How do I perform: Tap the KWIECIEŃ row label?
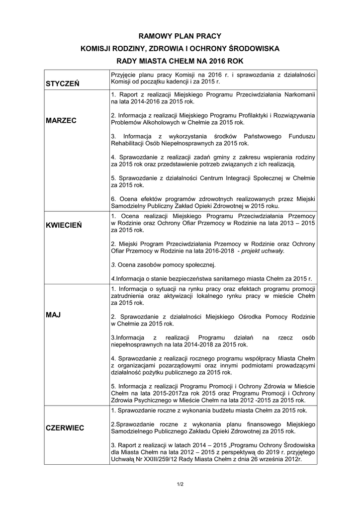point(63,225)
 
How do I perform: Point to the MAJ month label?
point(53,315)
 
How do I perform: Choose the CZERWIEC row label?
point(65,427)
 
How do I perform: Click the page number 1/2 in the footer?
point(180,484)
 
